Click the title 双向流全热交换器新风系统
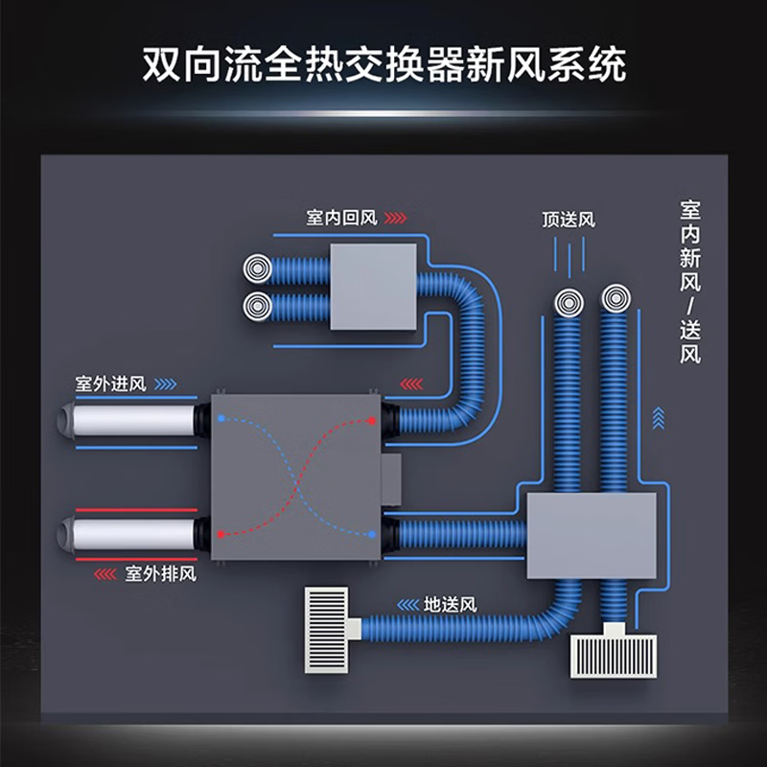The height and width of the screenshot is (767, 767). tap(383, 64)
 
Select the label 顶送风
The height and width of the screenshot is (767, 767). tap(568, 220)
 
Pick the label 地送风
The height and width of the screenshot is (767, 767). tap(450, 605)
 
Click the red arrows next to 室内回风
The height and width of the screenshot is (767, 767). tap(395, 218)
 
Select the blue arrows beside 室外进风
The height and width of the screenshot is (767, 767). tap(165, 384)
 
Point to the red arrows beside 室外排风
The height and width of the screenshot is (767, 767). tap(105, 574)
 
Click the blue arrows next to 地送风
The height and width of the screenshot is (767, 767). tap(406, 605)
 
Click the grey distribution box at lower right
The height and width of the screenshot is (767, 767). tap(592, 535)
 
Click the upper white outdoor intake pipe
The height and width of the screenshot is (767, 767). tap(130, 420)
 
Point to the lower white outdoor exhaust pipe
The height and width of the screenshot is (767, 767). tap(130, 531)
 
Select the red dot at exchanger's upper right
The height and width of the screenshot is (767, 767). tap(374, 420)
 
